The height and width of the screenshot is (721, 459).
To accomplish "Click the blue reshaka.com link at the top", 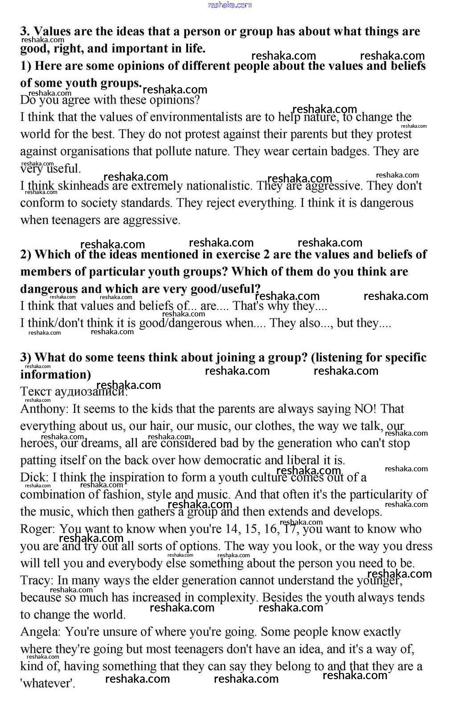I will pyautogui.click(x=229, y=5).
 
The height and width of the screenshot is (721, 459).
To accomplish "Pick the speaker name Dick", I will pyautogui.click(x=33, y=478).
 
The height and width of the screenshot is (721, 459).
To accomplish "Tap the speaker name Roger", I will pyautogui.click(x=37, y=529).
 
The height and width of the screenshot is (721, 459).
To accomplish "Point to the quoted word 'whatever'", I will pyautogui.click(x=47, y=684).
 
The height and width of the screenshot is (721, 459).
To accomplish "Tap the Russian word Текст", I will pyautogui.click(x=36, y=392).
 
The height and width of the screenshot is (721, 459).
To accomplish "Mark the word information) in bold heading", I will pyautogui.click(x=55, y=375).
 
